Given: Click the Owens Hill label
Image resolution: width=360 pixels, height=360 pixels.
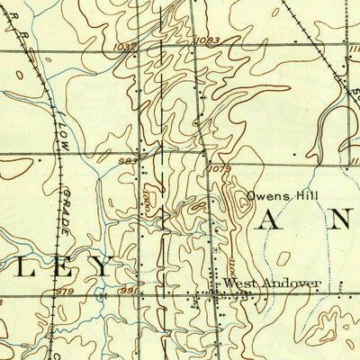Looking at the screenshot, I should (x=276, y=194).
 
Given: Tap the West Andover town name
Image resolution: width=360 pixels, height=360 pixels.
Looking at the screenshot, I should (x=272, y=284).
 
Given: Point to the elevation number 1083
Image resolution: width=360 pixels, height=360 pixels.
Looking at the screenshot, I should (x=205, y=40).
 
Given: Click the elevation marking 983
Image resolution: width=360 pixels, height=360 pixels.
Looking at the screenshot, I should (x=127, y=160).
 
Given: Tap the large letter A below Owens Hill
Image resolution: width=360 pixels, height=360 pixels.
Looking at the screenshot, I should (x=266, y=222).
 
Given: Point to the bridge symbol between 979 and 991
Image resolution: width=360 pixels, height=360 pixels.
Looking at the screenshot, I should (x=102, y=294).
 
